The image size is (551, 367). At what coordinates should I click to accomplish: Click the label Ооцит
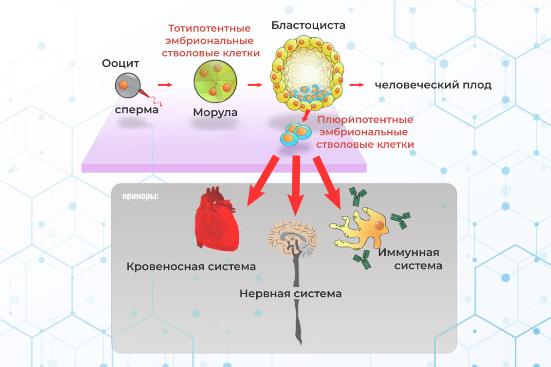[x=121, y=64]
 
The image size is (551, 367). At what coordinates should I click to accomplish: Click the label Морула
[x=215, y=113]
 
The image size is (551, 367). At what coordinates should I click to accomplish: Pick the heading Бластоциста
[x=308, y=25]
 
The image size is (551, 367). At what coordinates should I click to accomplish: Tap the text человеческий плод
[x=433, y=85]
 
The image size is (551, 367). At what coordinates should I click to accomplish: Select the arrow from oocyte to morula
[x=165, y=85]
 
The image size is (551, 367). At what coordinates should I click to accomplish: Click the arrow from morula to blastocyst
[x=255, y=85]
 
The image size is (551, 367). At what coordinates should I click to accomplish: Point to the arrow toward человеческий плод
[x=357, y=85]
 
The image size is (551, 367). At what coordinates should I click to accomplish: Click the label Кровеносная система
[x=191, y=267]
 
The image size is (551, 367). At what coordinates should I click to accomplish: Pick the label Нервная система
[x=290, y=294]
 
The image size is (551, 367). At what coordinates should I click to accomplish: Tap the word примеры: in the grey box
[x=140, y=196]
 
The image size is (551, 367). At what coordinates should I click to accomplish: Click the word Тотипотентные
[x=211, y=29]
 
